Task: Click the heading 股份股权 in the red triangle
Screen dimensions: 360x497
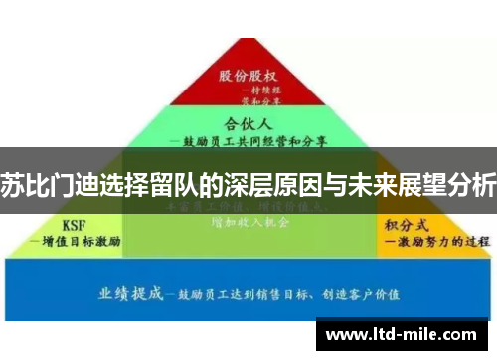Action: [248, 76]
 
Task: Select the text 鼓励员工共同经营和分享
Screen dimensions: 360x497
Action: [248, 141]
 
